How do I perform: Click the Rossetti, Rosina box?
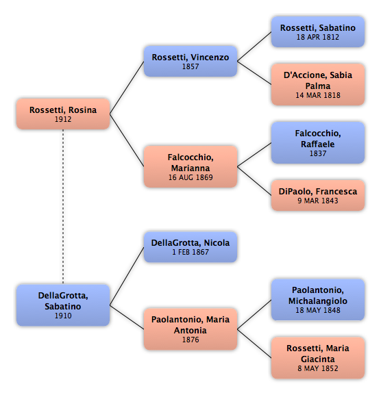coord(63,114)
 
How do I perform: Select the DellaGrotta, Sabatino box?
coord(63,305)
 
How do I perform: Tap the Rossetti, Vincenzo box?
coord(190,61)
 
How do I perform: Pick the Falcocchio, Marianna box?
coord(190,166)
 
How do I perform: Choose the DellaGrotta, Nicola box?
coord(190,247)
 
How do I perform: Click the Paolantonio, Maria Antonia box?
coord(190,329)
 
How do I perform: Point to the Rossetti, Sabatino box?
coord(318,31)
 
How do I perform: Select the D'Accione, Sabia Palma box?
coord(318,84)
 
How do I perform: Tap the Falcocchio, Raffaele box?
coord(318,142)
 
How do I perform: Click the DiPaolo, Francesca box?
coord(318,195)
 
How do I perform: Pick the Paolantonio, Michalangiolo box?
coord(318,300)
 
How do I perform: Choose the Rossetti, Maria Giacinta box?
coord(318,358)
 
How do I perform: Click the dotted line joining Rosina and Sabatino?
coord(63,207)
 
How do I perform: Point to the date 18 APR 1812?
coord(318,37)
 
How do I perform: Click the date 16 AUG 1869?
coord(190,177)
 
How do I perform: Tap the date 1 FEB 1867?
coord(190,252)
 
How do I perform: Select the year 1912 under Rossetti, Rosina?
coord(63,119)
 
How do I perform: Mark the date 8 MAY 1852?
coord(318,368)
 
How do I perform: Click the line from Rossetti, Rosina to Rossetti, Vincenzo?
coord(127,88)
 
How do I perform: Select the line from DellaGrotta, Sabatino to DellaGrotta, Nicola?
coord(127,276)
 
